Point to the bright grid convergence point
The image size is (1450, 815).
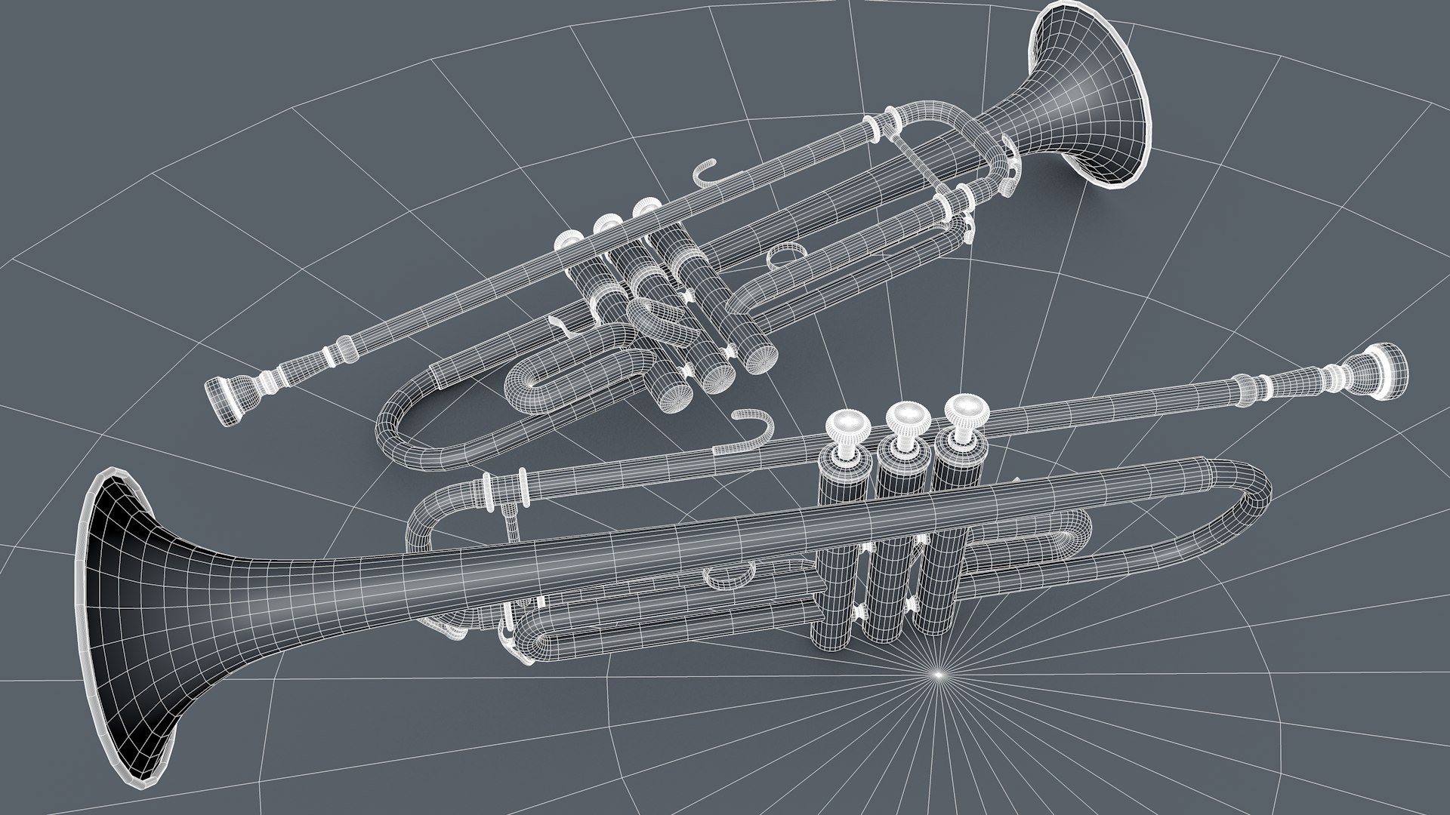pos(937,673)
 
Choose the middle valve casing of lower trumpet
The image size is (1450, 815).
pos(896,558)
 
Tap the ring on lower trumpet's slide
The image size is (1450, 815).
pos(729,575)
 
